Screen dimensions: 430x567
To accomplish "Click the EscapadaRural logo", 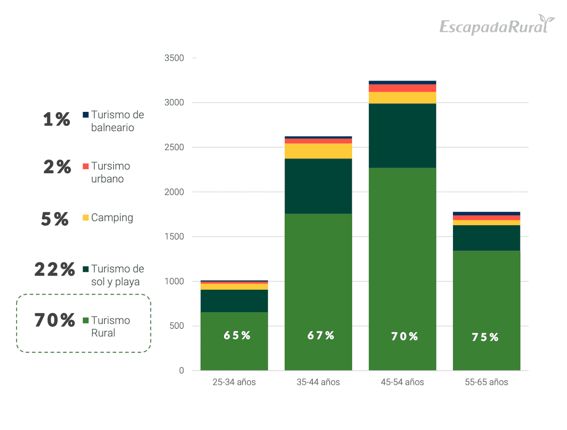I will (x=497, y=25).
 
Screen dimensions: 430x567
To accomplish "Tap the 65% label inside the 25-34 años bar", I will (x=237, y=336).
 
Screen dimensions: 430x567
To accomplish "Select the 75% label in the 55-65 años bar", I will (x=485, y=337).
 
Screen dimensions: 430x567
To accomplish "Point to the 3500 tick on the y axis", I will (x=174, y=58).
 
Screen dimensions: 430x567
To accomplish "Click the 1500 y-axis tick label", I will (x=174, y=237).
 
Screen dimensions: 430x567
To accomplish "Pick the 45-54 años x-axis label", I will (x=402, y=382).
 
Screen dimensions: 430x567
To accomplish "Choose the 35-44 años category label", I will (x=318, y=382).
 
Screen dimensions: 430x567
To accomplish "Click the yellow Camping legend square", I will (x=86, y=218).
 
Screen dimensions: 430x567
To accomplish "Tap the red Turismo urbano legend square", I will (x=86, y=166).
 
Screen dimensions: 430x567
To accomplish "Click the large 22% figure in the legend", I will (x=55, y=270).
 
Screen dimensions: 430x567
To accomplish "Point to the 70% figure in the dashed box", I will (x=55, y=320).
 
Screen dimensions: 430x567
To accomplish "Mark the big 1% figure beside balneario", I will (x=56, y=119).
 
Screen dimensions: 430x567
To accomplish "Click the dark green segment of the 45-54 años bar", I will (x=402, y=135).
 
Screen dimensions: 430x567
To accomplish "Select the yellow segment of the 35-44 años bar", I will (x=318, y=151).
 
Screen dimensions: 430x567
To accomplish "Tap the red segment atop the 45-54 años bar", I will (x=402, y=88).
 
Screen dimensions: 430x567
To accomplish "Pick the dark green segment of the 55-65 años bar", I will (x=486, y=238).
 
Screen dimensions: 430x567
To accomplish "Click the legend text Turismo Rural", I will (x=110, y=326).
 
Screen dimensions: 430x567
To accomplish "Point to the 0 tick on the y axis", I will (x=182, y=370).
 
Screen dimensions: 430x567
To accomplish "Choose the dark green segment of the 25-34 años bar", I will (x=234, y=301).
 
